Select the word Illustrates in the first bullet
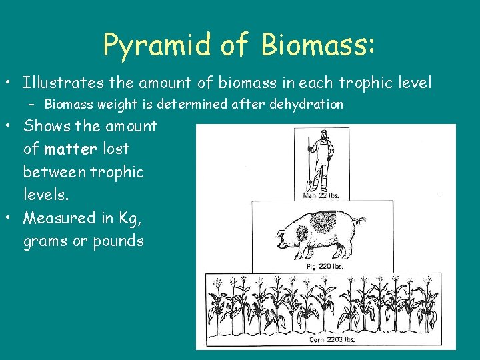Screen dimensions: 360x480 tap(62, 83)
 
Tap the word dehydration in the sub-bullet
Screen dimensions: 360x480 tap(306, 105)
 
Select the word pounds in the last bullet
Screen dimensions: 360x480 tap(117, 241)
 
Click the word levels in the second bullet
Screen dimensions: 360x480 tap(44, 195)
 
